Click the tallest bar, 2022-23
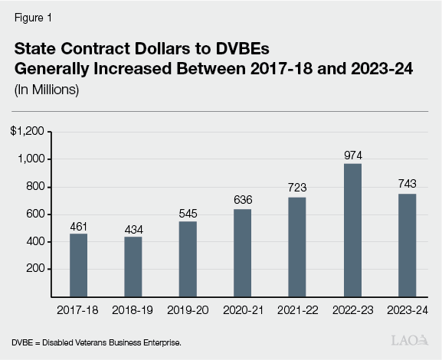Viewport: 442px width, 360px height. [352, 230]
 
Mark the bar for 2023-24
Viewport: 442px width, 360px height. [407, 245]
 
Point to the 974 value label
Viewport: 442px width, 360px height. [352, 154]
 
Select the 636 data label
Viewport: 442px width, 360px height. [243, 200]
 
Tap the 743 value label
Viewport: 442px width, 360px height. [407, 185]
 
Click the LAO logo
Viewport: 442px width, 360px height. [409, 339]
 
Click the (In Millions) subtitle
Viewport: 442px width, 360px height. [46, 90]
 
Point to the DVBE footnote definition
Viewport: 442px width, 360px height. [96, 341]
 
